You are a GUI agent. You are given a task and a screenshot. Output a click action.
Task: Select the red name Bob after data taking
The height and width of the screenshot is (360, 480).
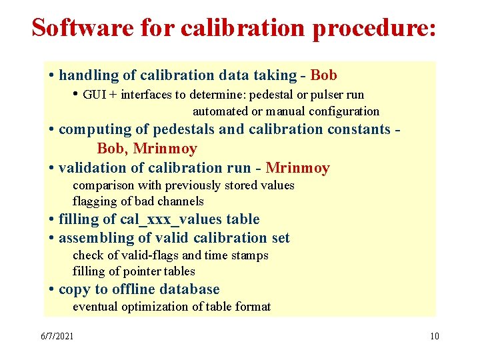324,75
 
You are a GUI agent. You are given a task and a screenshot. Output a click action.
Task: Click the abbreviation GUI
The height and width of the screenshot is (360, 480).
95,95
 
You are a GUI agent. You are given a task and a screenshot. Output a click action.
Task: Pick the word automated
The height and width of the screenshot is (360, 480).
220,111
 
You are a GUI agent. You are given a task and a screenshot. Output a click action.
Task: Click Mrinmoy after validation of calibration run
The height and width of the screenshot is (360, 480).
297,168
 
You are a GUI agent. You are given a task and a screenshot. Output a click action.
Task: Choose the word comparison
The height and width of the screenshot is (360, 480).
103,185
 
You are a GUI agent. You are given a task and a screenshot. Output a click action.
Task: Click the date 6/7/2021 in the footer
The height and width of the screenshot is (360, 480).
57,335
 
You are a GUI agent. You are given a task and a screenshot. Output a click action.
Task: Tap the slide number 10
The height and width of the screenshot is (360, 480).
435,335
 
